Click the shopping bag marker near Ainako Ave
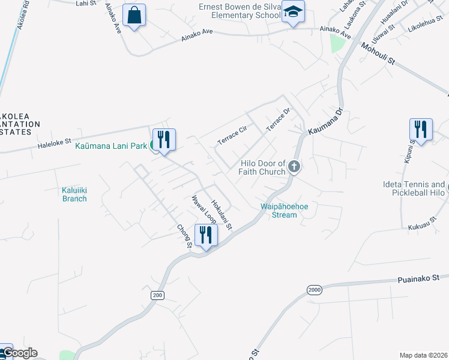pos(134,14)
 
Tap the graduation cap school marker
pos(293,12)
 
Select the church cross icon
pos(294,166)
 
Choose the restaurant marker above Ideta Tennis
pos(421,130)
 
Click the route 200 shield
pos(157,296)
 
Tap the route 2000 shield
pos(315,290)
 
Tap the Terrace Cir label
pos(232,134)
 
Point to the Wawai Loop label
pos(203,209)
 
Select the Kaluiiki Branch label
pos(74,194)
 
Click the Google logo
pos(19,353)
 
